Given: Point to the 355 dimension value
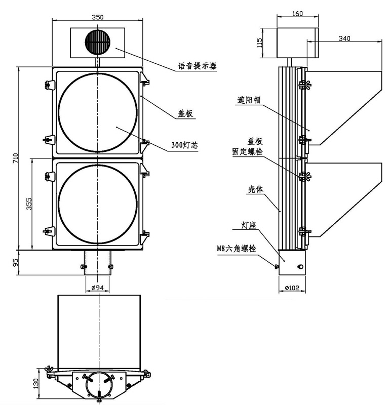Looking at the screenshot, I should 29,204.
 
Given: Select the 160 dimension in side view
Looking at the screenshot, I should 298,14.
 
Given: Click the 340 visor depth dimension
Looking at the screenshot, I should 344,38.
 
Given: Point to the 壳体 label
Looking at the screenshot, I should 255,189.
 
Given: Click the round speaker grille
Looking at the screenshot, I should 97,41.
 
